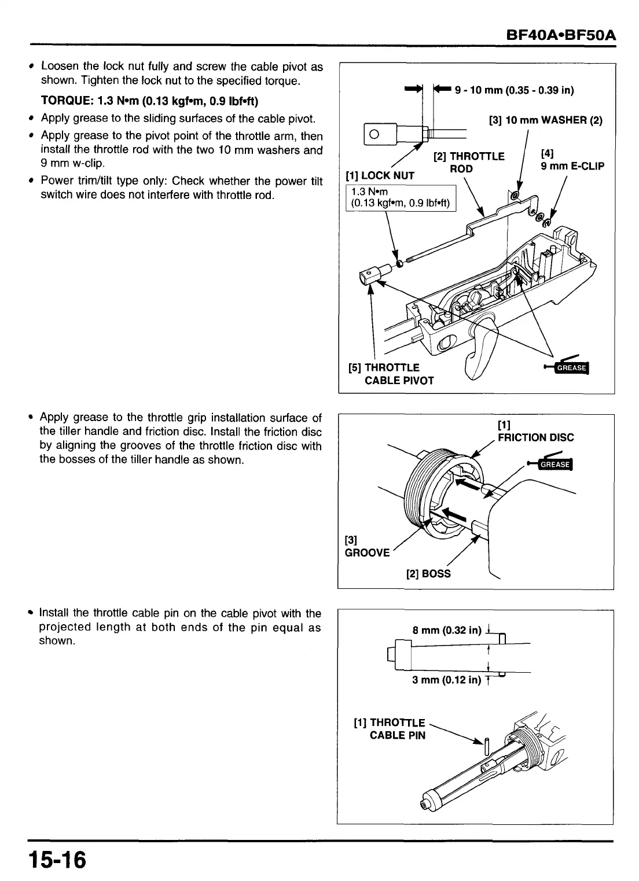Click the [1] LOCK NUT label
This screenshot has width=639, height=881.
coord(380,175)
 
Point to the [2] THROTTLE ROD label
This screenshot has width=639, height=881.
coord(469,163)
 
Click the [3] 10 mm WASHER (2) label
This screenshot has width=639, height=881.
coord(545,120)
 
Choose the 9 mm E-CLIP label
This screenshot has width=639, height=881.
coord(572,166)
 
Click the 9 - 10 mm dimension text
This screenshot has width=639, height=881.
coord(514,90)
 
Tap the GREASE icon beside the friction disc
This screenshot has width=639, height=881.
coord(554,465)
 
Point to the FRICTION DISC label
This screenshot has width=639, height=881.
coord(535,437)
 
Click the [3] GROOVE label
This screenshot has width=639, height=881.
coord(367,547)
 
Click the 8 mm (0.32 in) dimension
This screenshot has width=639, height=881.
coord(447,630)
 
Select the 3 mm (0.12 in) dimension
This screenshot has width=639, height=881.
coord(446,680)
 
